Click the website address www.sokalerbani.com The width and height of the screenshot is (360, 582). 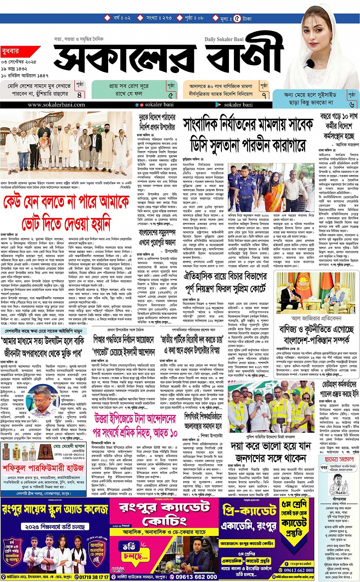(x=56, y=105)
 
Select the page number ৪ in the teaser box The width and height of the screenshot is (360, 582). (x=80, y=95)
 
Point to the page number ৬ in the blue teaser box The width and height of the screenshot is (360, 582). (x=351, y=104)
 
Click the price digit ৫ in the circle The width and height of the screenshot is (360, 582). (x=237, y=18)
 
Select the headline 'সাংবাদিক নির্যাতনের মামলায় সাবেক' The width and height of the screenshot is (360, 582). (x=248, y=125)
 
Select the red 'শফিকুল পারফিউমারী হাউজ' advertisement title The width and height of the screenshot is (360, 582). (x=43, y=467)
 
